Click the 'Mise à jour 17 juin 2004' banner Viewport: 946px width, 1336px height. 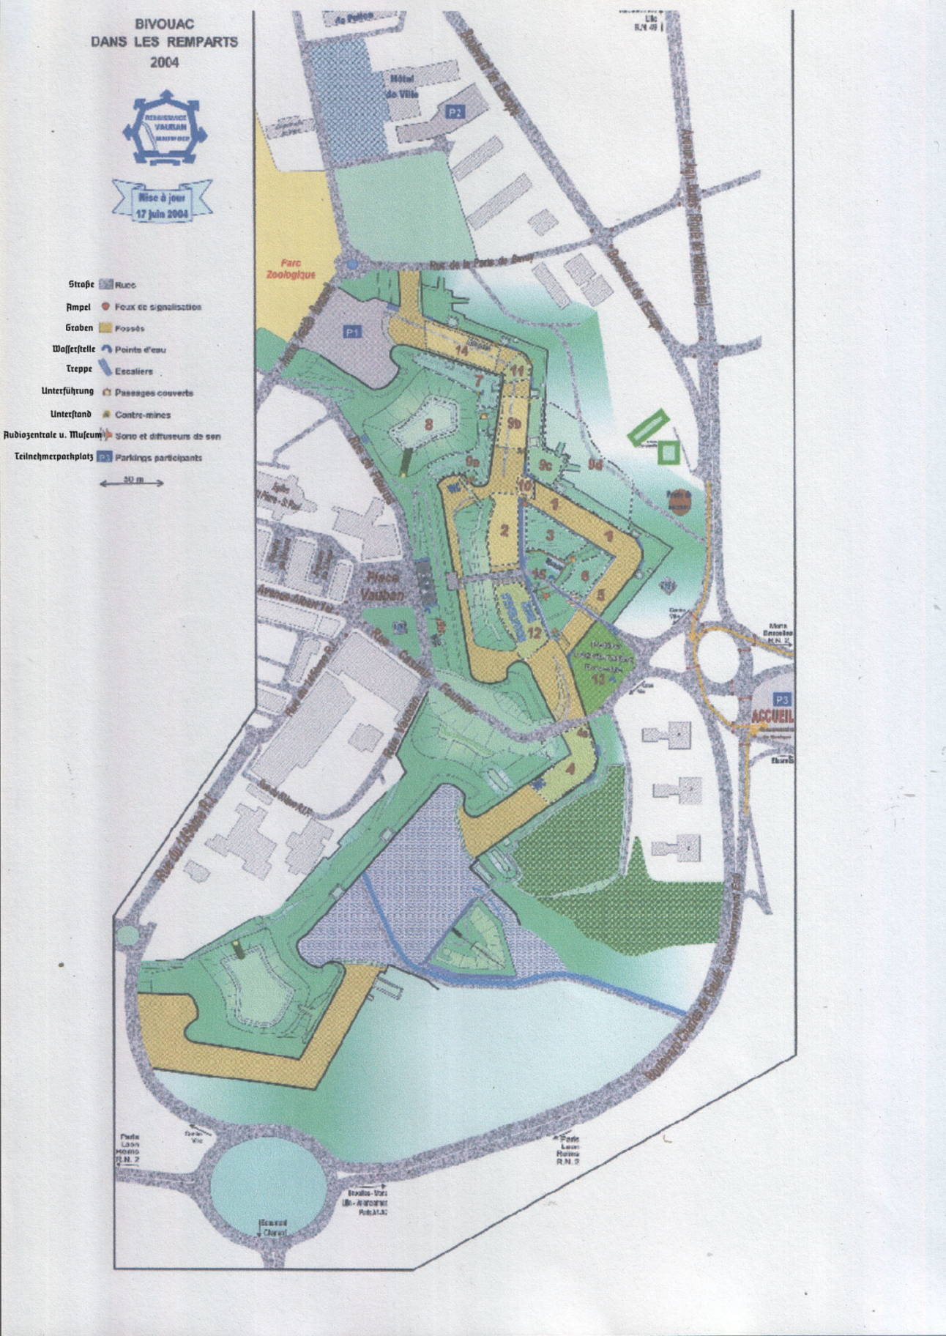(162, 199)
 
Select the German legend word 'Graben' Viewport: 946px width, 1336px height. (79, 328)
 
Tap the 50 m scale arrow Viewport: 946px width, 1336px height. (132, 483)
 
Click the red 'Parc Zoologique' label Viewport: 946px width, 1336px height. (297, 269)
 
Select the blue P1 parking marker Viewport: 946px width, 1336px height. (352, 332)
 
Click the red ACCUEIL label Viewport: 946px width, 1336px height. (772, 716)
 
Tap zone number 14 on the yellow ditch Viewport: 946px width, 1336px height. (461, 351)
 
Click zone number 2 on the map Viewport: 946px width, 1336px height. (504, 530)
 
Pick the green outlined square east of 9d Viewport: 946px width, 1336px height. (668, 452)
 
